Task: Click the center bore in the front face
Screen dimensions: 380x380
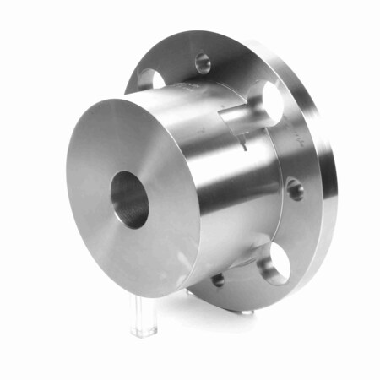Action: (x=129, y=199)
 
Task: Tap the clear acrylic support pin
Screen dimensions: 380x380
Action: (x=143, y=313)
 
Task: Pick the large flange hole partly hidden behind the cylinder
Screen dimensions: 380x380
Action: (x=150, y=79)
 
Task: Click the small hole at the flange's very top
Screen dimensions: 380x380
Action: (x=203, y=62)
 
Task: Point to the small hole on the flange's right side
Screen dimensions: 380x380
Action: (x=295, y=188)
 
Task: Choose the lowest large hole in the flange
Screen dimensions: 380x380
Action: (x=274, y=266)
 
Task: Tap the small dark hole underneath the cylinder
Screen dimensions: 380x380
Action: (x=218, y=280)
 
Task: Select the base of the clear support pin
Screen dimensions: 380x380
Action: (x=143, y=330)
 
